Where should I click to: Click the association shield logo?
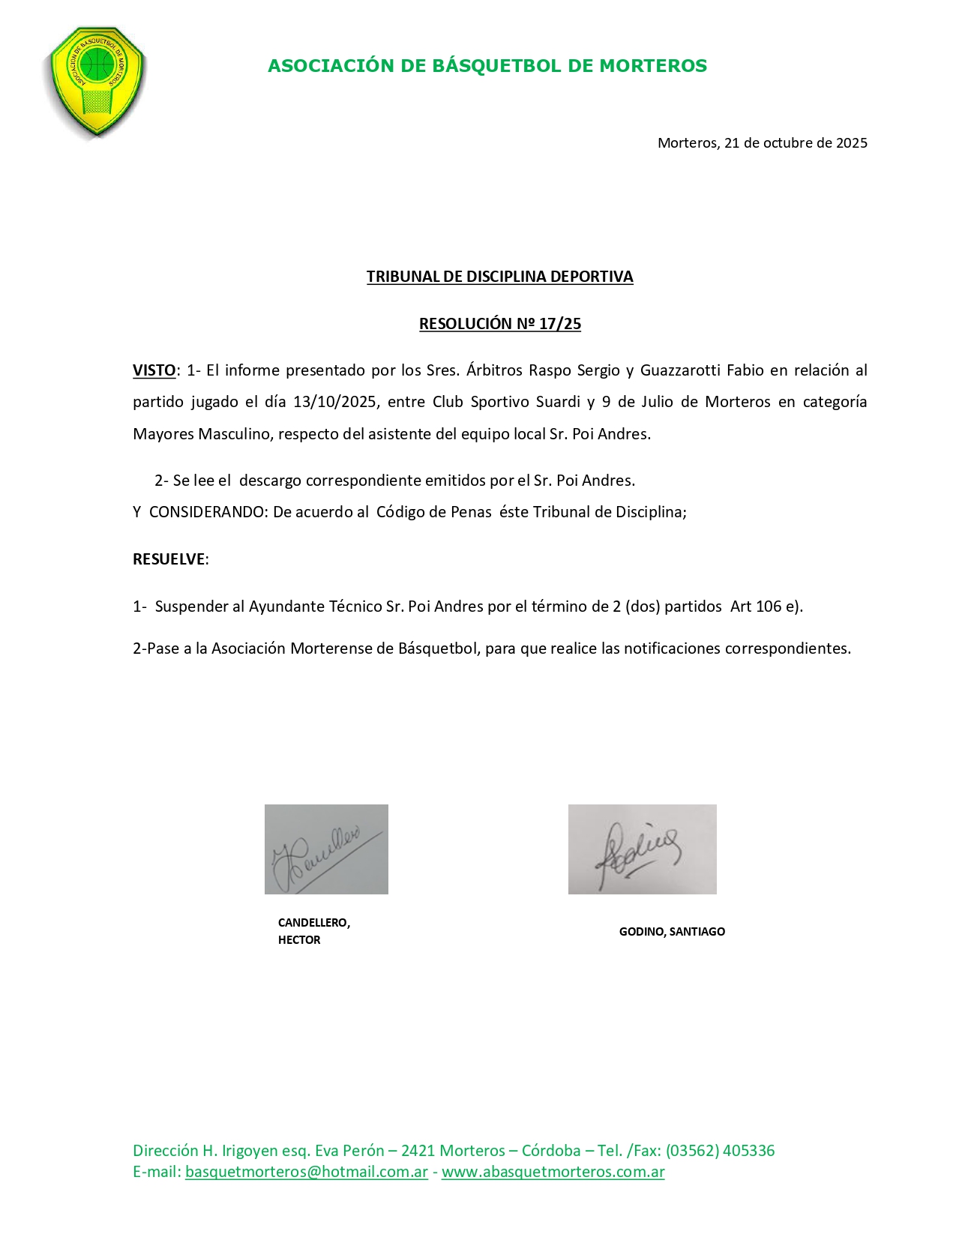(97, 82)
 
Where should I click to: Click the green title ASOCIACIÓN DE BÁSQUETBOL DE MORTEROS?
(487, 66)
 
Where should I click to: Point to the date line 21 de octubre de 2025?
(762, 143)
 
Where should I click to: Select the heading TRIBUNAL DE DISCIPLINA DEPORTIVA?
(499, 277)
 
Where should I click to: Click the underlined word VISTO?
(154, 370)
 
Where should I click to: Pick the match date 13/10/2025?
(334, 402)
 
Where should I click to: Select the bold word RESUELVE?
(169, 559)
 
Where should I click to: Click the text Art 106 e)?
(766, 607)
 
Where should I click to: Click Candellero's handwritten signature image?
(326, 849)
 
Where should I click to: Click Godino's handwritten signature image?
(642, 849)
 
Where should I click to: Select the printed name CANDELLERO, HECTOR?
(313, 931)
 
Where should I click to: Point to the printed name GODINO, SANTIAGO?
(672, 932)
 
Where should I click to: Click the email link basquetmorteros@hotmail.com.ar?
(306, 1172)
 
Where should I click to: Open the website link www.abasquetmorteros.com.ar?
(553, 1172)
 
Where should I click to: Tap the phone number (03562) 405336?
(720, 1151)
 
